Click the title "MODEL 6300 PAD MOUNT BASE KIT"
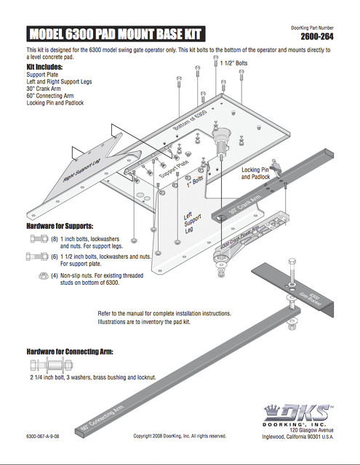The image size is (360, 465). tap(114, 33)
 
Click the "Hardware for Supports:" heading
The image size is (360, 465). tap(60, 226)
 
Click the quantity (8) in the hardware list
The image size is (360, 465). tap(54, 238)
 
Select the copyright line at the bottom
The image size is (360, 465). tap(180, 436)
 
